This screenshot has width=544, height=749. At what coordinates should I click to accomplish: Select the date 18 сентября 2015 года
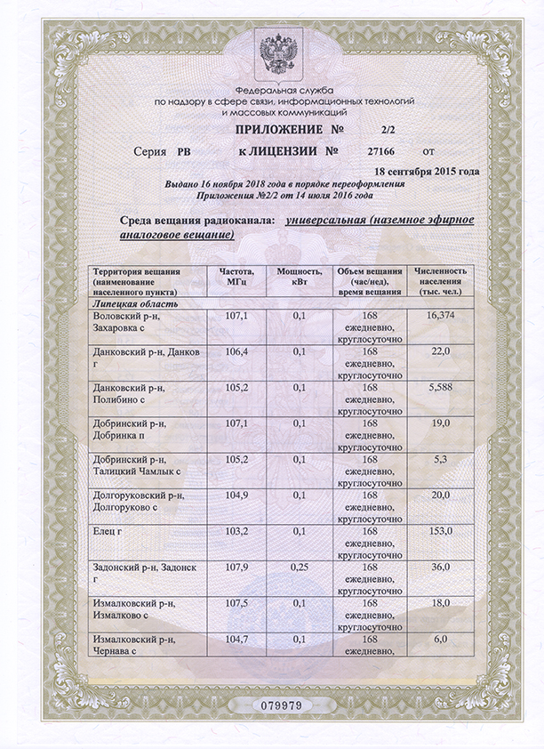[427, 171]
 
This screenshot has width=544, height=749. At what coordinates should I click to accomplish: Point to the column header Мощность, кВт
[299, 276]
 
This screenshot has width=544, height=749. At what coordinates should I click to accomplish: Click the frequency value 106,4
[236, 352]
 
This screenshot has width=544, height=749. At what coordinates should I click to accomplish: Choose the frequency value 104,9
[236, 495]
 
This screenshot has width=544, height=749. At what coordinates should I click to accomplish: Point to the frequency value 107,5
[236, 602]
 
